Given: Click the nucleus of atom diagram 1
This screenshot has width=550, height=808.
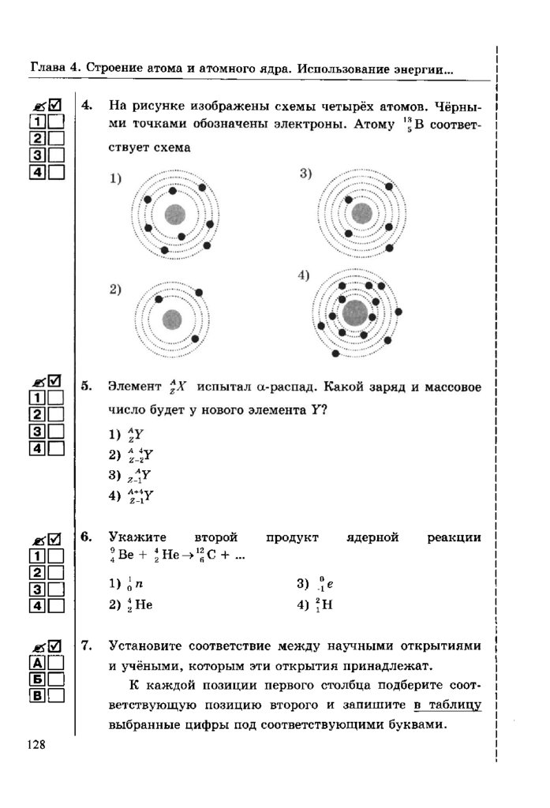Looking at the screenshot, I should pos(174,214).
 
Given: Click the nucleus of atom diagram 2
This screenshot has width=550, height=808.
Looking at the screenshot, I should pos(172,320).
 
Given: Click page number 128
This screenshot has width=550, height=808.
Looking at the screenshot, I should pos(39,745).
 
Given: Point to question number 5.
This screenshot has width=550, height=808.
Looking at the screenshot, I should pos(88,387).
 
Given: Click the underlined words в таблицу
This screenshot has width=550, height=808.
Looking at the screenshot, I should pos(447,705).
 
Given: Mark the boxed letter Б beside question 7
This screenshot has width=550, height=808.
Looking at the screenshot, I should pos(36,679).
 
